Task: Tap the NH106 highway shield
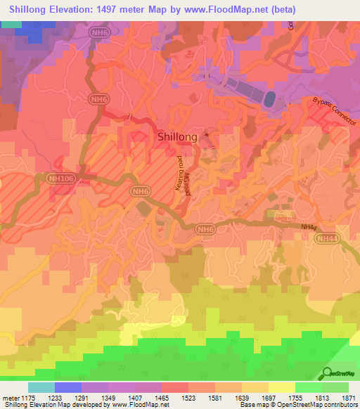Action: (x=60, y=179)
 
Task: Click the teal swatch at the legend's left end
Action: (x=41, y=387)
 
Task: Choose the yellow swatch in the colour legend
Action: (x=281, y=387)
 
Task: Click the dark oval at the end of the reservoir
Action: (x=269, y=99)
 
